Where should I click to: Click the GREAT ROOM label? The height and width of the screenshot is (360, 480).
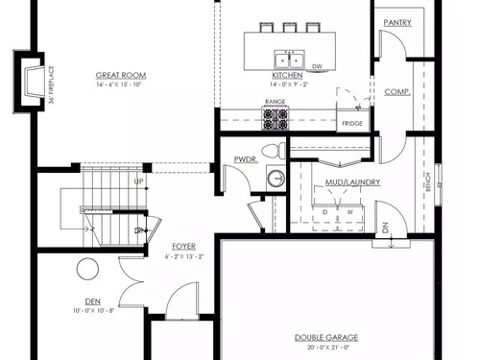[121, 76]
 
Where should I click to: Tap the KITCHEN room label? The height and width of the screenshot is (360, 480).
[287, 76]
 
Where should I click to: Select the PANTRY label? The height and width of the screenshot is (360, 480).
[397, 23]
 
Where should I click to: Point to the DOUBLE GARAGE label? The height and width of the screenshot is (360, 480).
[326, 338]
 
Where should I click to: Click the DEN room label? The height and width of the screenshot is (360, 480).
[93, 301]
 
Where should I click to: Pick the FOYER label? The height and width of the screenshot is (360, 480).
[184, 247]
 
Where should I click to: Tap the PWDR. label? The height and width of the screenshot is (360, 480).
[246, 159]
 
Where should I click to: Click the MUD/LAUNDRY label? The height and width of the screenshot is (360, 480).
[353, 182]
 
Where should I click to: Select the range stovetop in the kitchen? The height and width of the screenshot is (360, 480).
[276, 119]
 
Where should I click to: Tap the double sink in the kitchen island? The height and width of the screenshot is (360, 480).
[289, 60]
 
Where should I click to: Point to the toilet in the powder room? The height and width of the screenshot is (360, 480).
[274, 150]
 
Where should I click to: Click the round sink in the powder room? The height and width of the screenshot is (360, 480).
[276, 178]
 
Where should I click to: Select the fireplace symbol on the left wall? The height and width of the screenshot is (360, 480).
[32, 82]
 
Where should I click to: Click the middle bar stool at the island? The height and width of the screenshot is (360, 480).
[290, 27]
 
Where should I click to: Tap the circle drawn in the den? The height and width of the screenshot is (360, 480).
[87, 269]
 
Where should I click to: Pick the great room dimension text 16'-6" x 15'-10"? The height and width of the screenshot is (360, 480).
[119, 84]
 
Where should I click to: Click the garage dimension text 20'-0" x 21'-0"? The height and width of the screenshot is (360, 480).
[328, 348]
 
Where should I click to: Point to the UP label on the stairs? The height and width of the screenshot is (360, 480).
[139, 181]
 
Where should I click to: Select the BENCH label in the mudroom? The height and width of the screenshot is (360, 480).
[428, 182]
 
